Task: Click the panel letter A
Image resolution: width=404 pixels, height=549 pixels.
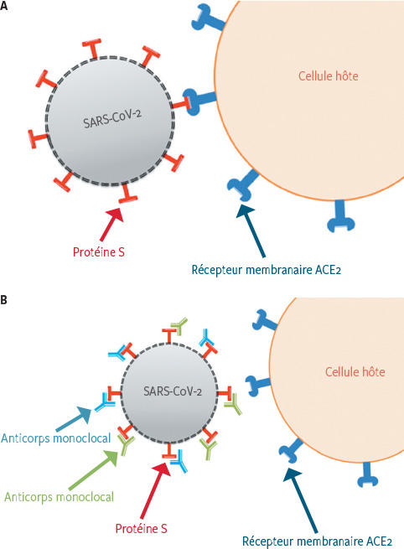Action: (x=3, y=6)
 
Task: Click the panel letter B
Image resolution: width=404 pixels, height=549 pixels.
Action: (x=3, y=300)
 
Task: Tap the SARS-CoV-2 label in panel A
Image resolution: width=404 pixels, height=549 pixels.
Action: (x=112, y=119)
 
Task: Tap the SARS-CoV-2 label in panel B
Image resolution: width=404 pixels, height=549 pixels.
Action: (x=173, y=391)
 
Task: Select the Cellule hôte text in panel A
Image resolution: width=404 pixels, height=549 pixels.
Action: (x=328, y=76)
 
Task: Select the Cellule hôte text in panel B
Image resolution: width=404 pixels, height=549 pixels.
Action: (x=355, y=371)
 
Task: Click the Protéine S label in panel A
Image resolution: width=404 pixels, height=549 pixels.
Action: (x=99, y=252)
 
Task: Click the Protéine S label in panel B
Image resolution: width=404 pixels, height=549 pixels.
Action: (x=141, y=528)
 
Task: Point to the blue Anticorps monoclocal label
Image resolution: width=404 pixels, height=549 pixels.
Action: (x=55, y=438)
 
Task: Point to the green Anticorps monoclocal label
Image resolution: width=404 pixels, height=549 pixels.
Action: (x=59, y=497)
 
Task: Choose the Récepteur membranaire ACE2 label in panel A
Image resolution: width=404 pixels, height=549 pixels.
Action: (x=266, y=270)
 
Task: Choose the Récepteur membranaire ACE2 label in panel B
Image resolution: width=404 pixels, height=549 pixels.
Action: (x=317, y=541)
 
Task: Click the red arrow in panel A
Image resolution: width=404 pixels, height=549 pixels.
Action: (x=111, y=225)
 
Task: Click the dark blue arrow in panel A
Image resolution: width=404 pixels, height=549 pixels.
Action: (x=251, y=230)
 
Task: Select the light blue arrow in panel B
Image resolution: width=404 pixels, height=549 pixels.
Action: (x=74, y=418)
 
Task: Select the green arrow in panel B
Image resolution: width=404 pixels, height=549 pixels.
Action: (x=93, y=470)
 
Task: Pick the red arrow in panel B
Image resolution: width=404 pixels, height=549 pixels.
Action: (x=155, y=489)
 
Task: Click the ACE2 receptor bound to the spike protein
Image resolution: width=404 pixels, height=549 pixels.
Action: (x=199, y=101)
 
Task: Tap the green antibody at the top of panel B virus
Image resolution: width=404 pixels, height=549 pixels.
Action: (x=179, y=325)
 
